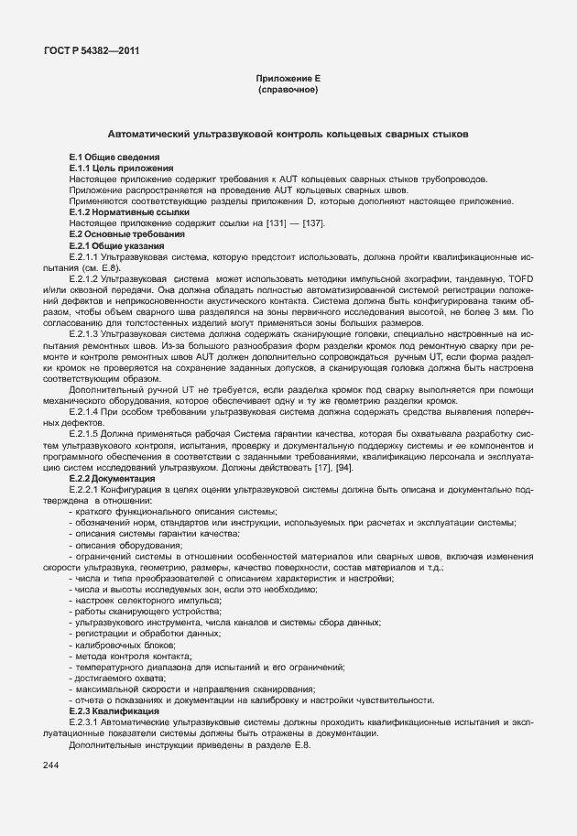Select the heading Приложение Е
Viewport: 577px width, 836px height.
[x=288, y=81]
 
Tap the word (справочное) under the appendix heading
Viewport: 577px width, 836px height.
[x=288, y=92]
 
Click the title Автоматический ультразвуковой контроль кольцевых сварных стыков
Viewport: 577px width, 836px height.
[x=288, y=134]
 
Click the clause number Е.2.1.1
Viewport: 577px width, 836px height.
[x=84, y=257]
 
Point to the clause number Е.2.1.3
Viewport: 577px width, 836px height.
[x=84, y=336]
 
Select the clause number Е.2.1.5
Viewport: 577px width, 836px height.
[x=84, y=434]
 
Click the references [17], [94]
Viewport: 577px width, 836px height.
[x=331, y=467]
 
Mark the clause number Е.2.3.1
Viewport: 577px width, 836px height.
[x=84, y=722]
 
